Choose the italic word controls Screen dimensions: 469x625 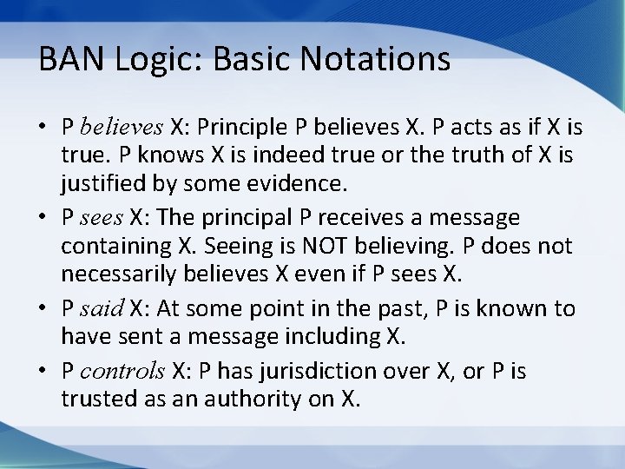click(x=122, y=371)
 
